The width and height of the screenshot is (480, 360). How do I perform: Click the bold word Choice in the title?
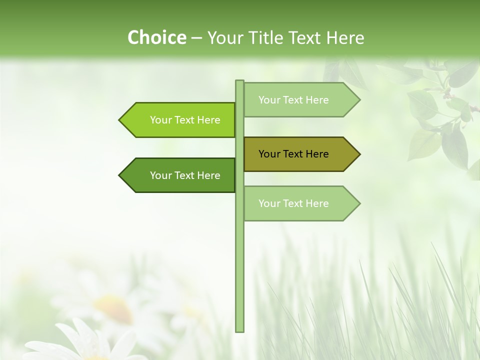[156, 38]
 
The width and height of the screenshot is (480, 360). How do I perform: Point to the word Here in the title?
[345, 38]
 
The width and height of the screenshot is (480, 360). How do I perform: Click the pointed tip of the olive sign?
[359, 154]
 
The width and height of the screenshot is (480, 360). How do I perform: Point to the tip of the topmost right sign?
[359, 100]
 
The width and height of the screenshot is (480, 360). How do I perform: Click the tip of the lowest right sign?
[359, 203]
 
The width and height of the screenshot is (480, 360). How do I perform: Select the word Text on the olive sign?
[293, 154]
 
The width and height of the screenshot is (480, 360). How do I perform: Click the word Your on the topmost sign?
[269, 100]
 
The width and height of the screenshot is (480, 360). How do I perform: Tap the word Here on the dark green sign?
[208, 175]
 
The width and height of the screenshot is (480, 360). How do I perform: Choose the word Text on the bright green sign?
[185, 120]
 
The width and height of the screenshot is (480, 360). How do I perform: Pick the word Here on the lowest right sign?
[317, 203]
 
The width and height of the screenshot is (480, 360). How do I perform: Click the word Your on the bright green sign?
[161, 120]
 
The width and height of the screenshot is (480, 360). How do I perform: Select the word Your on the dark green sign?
[161, 175]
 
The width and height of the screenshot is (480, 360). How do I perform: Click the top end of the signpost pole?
[239, 81]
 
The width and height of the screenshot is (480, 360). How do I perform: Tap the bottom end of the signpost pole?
[239, 330]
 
